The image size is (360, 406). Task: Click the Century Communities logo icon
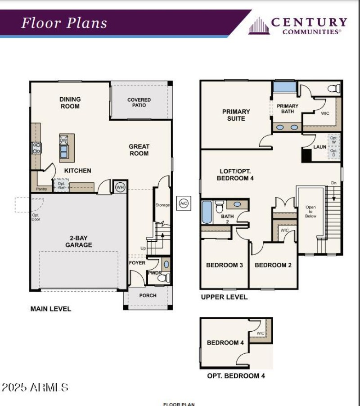tap(259, 26)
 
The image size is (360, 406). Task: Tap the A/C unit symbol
tap(183, 203)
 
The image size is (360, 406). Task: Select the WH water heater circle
tap(120, 187)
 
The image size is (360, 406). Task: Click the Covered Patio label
tap(139, 103)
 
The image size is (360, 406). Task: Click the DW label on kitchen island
tap(63, 140)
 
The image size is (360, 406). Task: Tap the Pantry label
tap(41, 189)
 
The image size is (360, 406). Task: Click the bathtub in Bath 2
tap(207, 212)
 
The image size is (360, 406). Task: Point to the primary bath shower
tap(284, 86)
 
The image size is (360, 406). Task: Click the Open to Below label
tap(310, 212)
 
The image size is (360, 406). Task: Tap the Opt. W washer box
tap(333, 140)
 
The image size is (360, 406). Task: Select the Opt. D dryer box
tap(333, 153)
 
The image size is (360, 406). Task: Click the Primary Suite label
tap(236, 115)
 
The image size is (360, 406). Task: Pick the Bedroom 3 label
tap(224, 265)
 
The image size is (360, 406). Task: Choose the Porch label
tap(148, 295)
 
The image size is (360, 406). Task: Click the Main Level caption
tap(50, 309)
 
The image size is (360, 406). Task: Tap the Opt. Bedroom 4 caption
tap(236, 375)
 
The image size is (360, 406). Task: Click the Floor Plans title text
tap(64, 23)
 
